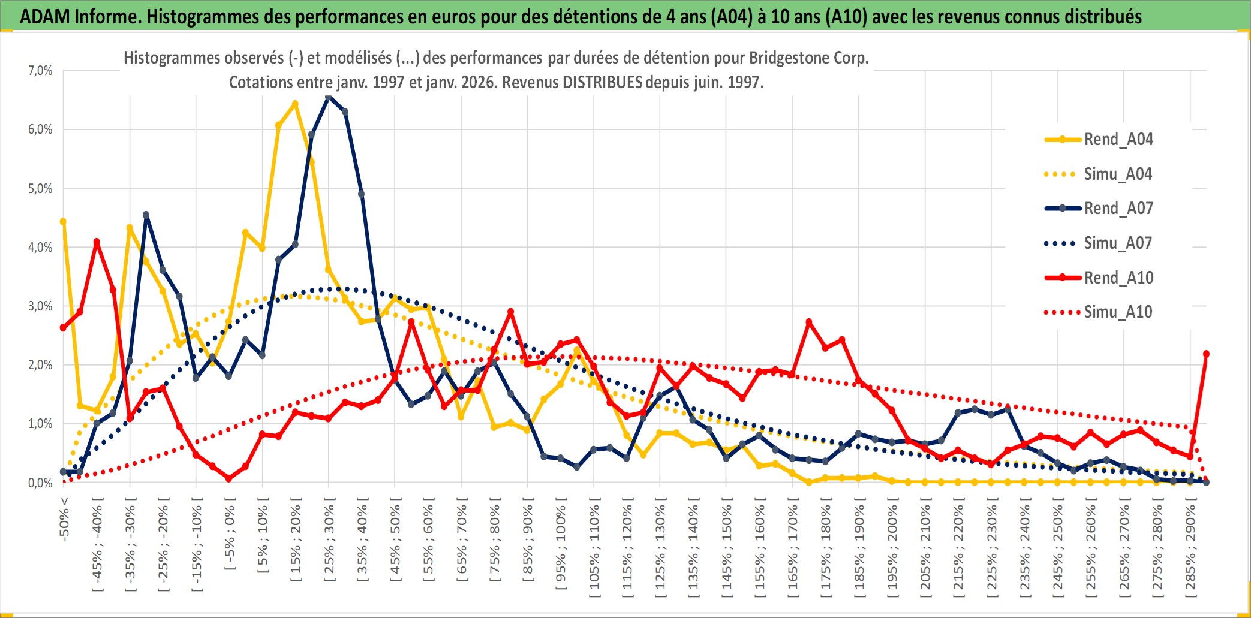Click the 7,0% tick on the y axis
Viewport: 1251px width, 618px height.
point(40,71)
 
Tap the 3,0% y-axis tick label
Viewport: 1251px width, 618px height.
point(40,306)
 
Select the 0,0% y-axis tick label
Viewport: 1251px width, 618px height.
point(40,483)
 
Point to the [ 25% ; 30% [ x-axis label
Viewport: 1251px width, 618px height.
point(329,542)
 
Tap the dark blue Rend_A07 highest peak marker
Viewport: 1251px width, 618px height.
point(329,96)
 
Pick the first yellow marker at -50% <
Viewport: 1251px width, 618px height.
point(63,222)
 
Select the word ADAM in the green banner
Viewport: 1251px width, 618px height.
point(45,16)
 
